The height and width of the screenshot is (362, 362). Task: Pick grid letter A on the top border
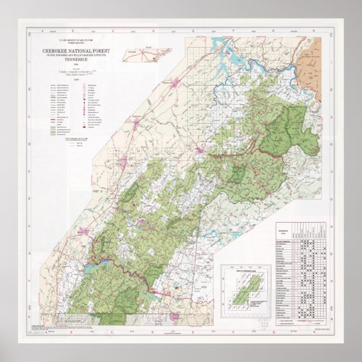click(x=42, y=31)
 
